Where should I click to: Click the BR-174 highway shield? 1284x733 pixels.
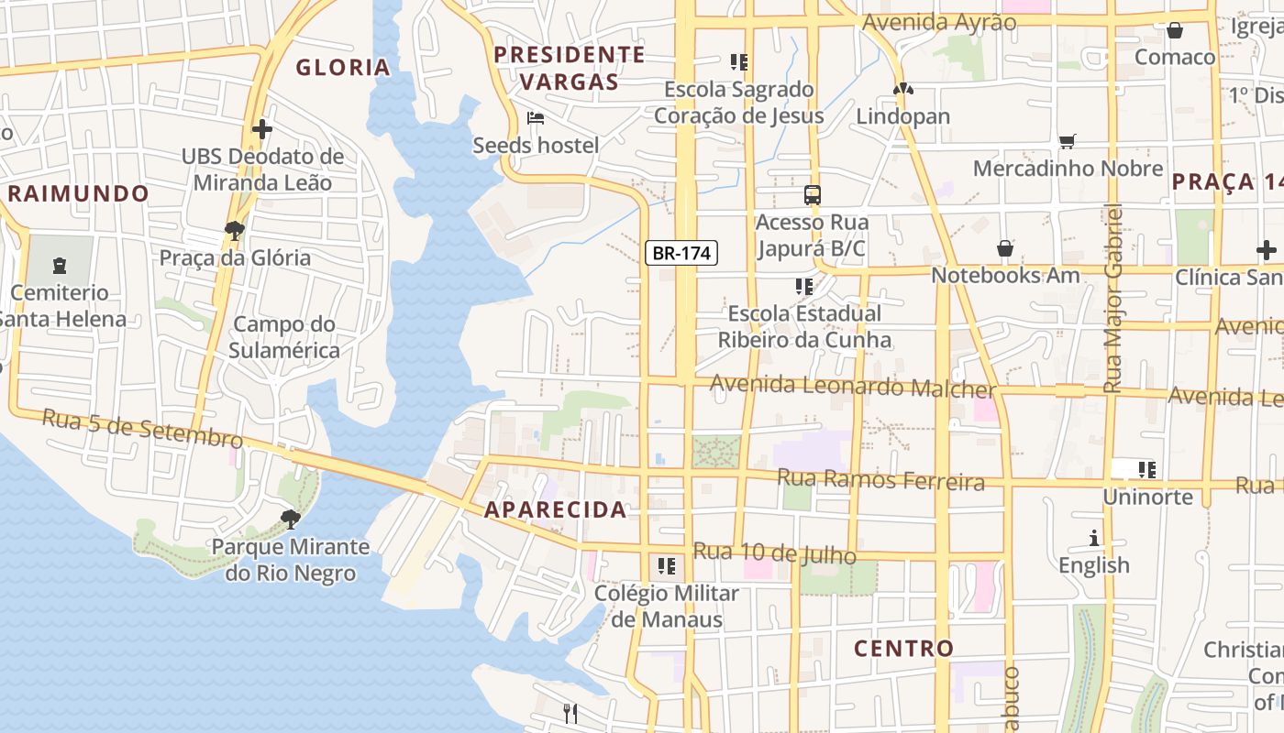pyautogui.click(x=681, y=253)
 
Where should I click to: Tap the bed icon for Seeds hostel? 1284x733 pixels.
pyautogui.click(x=536, y=118)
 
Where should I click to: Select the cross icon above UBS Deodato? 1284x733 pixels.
pyautogui.click(x=262, y=129)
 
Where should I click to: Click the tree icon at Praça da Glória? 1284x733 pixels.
pyautogui.click(x=235, y=230)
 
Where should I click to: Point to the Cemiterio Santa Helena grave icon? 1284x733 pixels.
pyautogui.click(x=60, y=266)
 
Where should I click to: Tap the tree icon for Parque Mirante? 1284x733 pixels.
pyautogui.click(x=291, y=520)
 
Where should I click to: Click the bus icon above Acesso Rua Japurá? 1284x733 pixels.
pyautogui.click(x=813, y=194)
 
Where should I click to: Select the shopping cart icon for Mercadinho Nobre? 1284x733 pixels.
pyautogui.click(x=1067, y=141)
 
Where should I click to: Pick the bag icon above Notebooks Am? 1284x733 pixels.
pyautogui.click(x=1005, y=248)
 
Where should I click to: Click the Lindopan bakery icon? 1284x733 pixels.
pyautogui.click(x=903, y=90)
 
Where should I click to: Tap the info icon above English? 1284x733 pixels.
pyautogui.click(x=1093, y=538)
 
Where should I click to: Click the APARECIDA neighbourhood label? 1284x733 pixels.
pyautogui.click(x=556, y=510)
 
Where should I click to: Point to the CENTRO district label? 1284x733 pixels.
pyautogui.click(x=904, y=649)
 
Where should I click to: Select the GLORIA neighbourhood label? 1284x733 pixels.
pyautogui.click(x=343, y=67)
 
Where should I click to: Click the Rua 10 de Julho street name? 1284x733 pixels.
pyautogui.click(x=775, y=553)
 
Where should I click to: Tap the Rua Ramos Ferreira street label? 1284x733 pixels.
pyautogui.click(x=880, y=479)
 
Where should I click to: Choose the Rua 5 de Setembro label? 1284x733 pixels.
pyautogui.click(x=142, y=429)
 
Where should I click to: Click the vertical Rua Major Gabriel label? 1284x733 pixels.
pyautogui.click(x=1113, y=299)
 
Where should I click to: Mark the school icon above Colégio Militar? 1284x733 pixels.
pyautogui.click(x=667, y=565)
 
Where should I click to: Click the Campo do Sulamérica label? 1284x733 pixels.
pyautogui.click(x=284, y=337)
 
